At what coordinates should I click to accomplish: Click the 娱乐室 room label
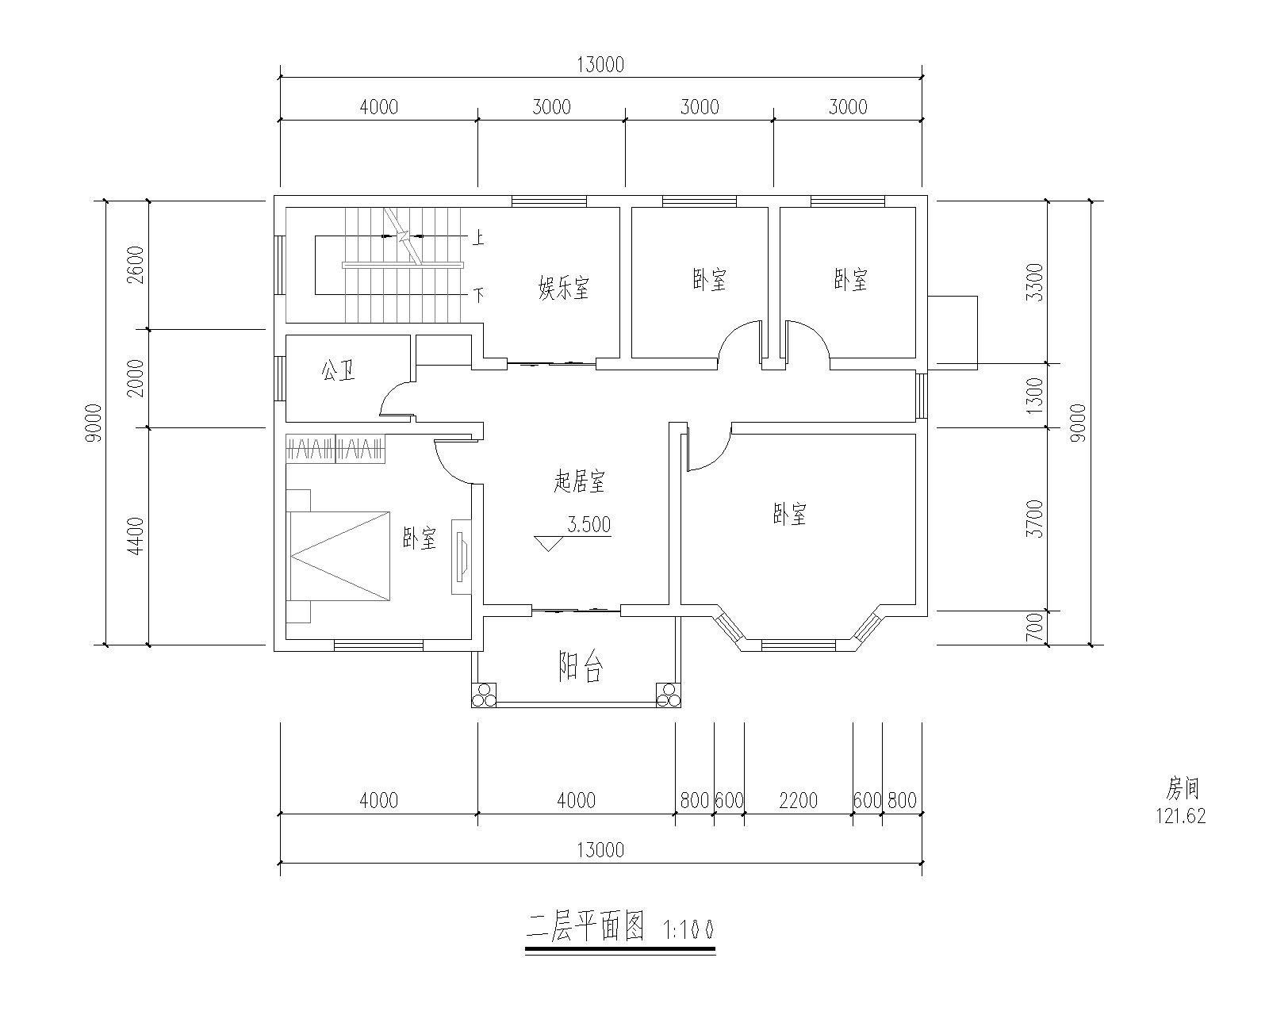coord(564,287)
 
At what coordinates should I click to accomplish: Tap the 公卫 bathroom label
coord(338,370)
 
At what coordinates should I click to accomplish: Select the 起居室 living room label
coord(579,481)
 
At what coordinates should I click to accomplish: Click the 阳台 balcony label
coord(581,668)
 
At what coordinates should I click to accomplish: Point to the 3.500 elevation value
coord(588,525)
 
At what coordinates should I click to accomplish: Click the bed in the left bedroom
coord(339,555)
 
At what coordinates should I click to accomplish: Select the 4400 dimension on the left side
coord(136,535)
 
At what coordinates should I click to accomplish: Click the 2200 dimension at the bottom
coord(798,800)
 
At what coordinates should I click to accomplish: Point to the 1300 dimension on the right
coord(1034,395)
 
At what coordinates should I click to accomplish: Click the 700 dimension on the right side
coord(1034,629)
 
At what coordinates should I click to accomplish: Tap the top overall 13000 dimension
coord(600,65)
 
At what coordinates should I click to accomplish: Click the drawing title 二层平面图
coord(585,926)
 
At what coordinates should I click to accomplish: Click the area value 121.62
coord(1180,817)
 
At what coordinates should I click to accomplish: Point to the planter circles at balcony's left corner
coord(484,695)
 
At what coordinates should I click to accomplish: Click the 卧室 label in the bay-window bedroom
coord(790,515)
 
